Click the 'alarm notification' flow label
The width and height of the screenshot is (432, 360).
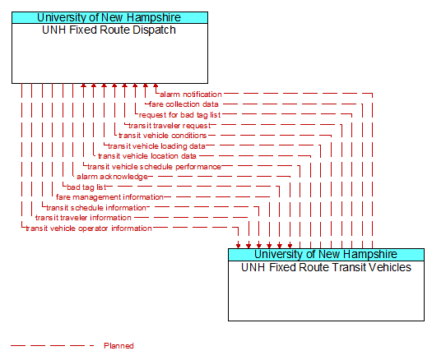[191, 95]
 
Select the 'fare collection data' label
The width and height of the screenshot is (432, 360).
[183, 104]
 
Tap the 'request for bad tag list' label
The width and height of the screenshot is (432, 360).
[179, 115]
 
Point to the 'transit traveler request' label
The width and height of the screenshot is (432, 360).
[170, 126]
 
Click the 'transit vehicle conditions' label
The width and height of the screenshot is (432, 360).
[162, 136]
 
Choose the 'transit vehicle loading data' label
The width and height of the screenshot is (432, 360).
[156, 145]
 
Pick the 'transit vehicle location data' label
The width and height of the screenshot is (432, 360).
[146, 156]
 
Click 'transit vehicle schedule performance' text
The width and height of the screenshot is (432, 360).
[154, 167]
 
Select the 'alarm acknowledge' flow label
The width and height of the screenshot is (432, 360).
[112, 177]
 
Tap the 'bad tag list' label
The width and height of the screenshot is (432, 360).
[86, 187]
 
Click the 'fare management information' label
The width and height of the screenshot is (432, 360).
[109, 197]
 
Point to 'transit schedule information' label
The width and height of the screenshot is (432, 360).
[96, 207]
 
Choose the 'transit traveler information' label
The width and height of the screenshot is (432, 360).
[83, 218]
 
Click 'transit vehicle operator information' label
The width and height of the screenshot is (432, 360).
[88, 228]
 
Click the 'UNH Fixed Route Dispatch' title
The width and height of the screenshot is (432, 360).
[109, 30]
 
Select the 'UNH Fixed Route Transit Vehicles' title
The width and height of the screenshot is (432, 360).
[326, 267]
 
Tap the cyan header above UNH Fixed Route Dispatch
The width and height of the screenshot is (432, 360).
[109, 17]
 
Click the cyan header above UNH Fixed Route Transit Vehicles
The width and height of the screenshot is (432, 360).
[326, 255]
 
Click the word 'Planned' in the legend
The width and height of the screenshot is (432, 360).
[118, 346]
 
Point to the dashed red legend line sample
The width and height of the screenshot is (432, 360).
[53, 346]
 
